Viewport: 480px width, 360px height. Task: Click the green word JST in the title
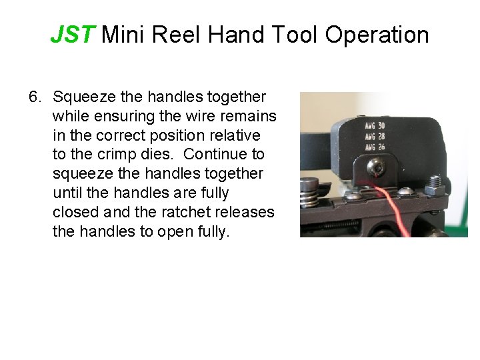73,35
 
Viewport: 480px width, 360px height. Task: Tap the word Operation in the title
377,35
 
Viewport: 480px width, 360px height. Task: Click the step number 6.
34,97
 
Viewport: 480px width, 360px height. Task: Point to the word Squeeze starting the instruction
85,97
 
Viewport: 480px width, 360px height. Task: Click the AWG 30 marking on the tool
375,125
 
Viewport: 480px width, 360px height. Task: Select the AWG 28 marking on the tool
375,136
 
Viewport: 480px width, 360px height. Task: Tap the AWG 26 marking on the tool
375,147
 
